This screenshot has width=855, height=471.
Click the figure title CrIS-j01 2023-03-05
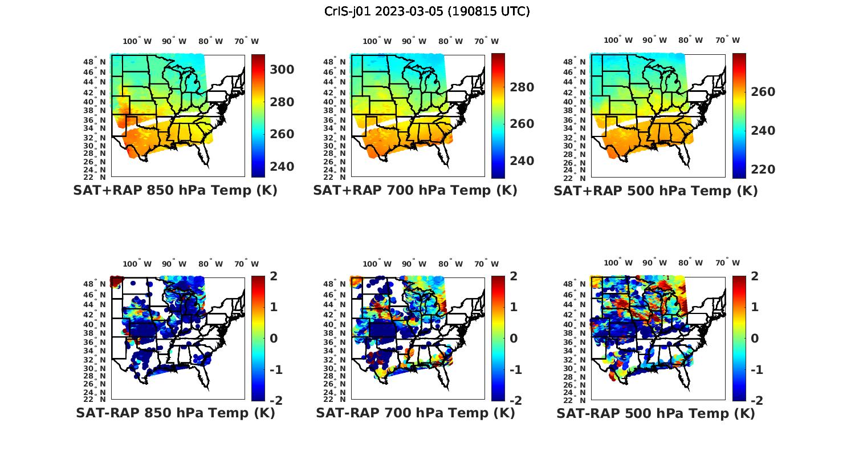coord(427,11)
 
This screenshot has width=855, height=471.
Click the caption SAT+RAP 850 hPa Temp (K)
coord(175,190)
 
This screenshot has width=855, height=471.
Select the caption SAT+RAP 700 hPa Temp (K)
coord(415,190)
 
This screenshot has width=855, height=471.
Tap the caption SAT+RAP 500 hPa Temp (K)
coord(655,191)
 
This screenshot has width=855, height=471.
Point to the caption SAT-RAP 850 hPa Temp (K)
coord(175,413)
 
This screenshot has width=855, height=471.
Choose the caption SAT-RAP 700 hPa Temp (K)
coord(415,413)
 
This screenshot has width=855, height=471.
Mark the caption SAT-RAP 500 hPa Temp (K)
coord(655,413)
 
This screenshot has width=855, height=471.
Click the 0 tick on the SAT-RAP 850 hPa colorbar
coord(273,338)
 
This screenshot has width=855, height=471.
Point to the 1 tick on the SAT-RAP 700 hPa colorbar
coord(513,307)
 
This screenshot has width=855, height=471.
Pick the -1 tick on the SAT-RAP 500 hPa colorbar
coord(754,369)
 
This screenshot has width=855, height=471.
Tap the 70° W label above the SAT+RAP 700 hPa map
coord(486,41)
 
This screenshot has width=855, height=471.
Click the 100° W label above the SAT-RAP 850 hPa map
coord(137,264)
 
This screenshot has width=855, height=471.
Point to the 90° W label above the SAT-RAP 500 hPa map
coord(655,263)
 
